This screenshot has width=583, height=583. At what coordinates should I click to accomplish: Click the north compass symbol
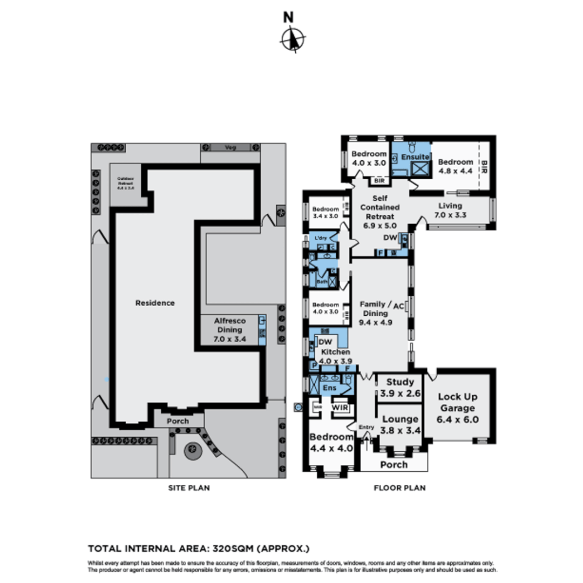click(x=293, y=39)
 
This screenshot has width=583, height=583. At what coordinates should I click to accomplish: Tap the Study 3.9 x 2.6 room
click(x=399, y=388)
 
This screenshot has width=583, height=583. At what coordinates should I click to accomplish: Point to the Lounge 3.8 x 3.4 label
click(x=399, y=424)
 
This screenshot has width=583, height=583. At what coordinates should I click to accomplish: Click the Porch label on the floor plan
click(x=394, y=465)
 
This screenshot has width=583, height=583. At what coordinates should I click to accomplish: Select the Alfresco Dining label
click(x=229, y=329)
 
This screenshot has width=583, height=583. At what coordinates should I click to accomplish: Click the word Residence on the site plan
click(x=155, y=303)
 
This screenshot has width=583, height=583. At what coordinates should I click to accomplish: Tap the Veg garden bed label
click(x=231, y=147)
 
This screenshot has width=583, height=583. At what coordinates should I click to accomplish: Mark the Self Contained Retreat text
click(x=379, y=207)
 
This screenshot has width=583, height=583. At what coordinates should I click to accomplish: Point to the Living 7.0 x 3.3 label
click(x=450, y=210)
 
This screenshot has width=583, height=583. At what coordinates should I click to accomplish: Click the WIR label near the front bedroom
click(x=340, y=407)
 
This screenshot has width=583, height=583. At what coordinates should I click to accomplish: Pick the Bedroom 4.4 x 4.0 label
click(x=331, y=442)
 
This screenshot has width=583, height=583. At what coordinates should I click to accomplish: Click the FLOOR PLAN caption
click(x=399, y=488)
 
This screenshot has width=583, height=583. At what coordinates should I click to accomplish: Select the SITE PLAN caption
click(x=188, y=488)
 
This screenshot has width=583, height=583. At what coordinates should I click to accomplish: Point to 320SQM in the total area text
click(x=233, y=549)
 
